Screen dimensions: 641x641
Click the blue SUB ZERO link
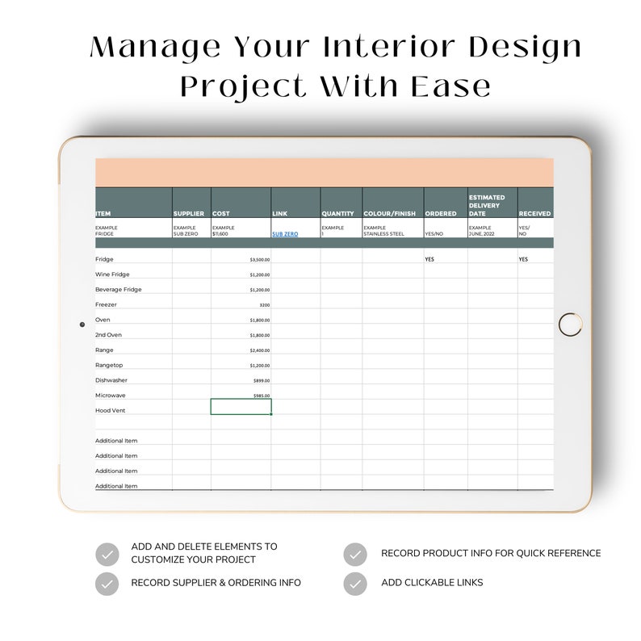tap(284, 234)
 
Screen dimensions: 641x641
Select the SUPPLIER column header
tap(188, 214)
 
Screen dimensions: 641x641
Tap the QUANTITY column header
tap(337, 214)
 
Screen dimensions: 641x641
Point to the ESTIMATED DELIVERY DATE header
tap(487, 205)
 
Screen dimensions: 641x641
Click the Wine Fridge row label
tap(112, 274)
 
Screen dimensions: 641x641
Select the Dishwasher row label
tap(111, 380)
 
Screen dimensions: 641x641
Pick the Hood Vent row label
tap(110, 410)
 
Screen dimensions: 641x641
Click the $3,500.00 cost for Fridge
tap(260, 260)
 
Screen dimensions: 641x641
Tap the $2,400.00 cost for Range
tap(260, 350)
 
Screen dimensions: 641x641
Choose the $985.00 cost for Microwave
tap(262, 396)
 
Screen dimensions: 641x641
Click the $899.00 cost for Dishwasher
tap(262, 380)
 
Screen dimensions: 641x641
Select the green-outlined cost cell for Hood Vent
tap(241, 407)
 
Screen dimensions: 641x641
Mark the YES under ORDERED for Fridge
tap(429, 260)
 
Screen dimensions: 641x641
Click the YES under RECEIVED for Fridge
tap(523, 260)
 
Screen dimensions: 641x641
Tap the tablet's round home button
tap(570, 325)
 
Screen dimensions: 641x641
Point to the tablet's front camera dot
tap(82, 325)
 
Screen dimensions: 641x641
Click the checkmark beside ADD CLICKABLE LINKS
tap(355, 583)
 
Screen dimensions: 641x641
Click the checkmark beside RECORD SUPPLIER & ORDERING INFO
tap(107, 583)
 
